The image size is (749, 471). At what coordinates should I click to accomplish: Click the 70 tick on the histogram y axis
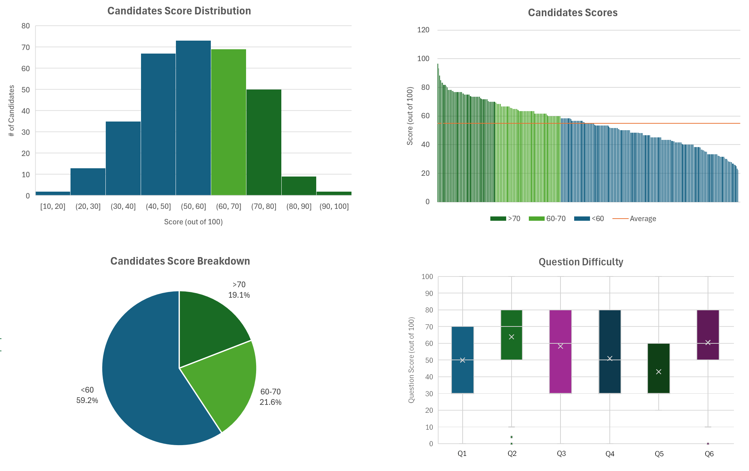tap(26, 47)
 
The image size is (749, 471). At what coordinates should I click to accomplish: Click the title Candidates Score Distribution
tap(179, 11)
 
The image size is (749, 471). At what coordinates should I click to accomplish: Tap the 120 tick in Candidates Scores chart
tap(423, 30)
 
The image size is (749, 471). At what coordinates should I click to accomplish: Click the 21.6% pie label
tap(271, 402)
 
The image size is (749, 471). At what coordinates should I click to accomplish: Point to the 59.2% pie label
tap(87, 400)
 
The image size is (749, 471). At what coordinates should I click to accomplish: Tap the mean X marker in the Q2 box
tap(512, 337)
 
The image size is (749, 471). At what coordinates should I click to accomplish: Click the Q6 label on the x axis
tap(709, 454)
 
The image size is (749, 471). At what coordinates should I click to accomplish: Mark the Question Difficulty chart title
tap(581, 262)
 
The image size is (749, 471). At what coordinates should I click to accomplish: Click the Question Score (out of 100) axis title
tap(412, 360)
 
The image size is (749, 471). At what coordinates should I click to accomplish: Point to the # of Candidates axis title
tap(12, 111)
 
